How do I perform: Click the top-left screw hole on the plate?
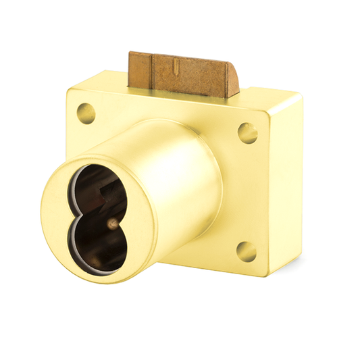(x=86, y=112)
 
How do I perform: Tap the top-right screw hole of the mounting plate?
(x=248, y=132)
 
